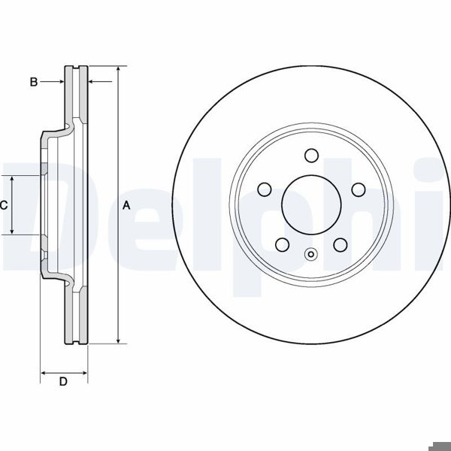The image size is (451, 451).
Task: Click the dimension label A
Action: point(127,205)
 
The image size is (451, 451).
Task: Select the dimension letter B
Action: point(34,82)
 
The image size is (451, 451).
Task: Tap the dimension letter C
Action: point(4,204)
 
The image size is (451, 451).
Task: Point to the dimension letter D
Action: point(64,383)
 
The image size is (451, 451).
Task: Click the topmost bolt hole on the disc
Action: point(311,155)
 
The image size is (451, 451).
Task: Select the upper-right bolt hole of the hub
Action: point(358,189)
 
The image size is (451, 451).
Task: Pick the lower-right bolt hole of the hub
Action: point(340,244)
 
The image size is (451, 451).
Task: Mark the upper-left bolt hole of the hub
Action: point(265,189)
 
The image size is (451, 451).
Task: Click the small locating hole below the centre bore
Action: point(311,253)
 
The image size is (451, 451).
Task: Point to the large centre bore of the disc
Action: point(311,204)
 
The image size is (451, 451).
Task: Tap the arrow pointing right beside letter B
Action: point(60,82)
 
